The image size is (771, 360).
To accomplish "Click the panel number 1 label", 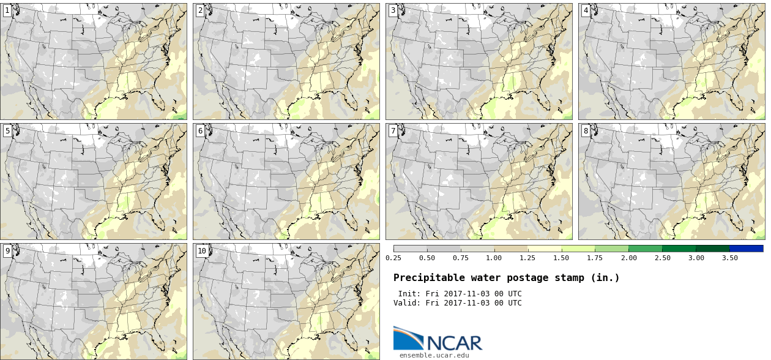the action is click(x=7, y=10).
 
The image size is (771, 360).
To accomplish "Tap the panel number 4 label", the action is click(x=586, y=10).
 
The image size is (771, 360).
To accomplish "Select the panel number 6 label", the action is click(x=200, y=131).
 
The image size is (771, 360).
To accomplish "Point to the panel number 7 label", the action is click(x=393, y=131).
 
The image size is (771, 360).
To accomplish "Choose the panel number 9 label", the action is click(x=7, y=251).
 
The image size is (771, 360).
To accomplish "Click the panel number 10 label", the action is click(x=202, y=251).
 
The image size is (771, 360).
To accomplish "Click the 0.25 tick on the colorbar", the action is click(x=393, y=258).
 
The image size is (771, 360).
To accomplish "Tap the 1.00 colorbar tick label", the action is click(x=494, y=258).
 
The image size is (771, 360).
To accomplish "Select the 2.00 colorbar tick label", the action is click(x=629, y=258).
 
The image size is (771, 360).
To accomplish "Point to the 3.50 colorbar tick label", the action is click(x=729, y=258).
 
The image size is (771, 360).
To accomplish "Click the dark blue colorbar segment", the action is click(x=747, y=249).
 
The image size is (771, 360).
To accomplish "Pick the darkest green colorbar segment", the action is click(x=712, y=249).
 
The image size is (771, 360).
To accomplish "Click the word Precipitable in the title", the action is click(x=429, y=278).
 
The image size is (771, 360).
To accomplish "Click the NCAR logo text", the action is click(x=455, y=343).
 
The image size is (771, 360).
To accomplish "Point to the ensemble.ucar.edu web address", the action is click(x=434, y=356).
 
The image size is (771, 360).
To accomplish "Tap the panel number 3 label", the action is click(x=393, y=10).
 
